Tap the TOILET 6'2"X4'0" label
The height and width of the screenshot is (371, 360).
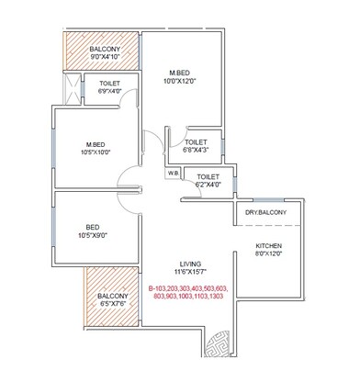click(208, 179)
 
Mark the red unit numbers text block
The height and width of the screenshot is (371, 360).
click(188, 292)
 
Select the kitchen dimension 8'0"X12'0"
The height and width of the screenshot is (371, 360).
click(268, 257)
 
